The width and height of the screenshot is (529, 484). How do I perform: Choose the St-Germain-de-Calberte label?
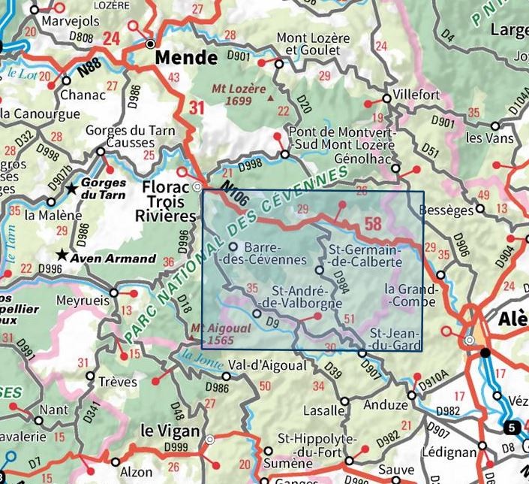coord(365,256)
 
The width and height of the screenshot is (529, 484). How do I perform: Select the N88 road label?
coord(88,73)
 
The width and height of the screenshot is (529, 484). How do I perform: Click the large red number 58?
coord(373,223)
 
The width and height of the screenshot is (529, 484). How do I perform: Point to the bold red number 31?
coord(197,108)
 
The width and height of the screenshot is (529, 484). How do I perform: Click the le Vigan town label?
coord(170,431)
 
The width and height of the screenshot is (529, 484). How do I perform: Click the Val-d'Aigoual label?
coord(268,365)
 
